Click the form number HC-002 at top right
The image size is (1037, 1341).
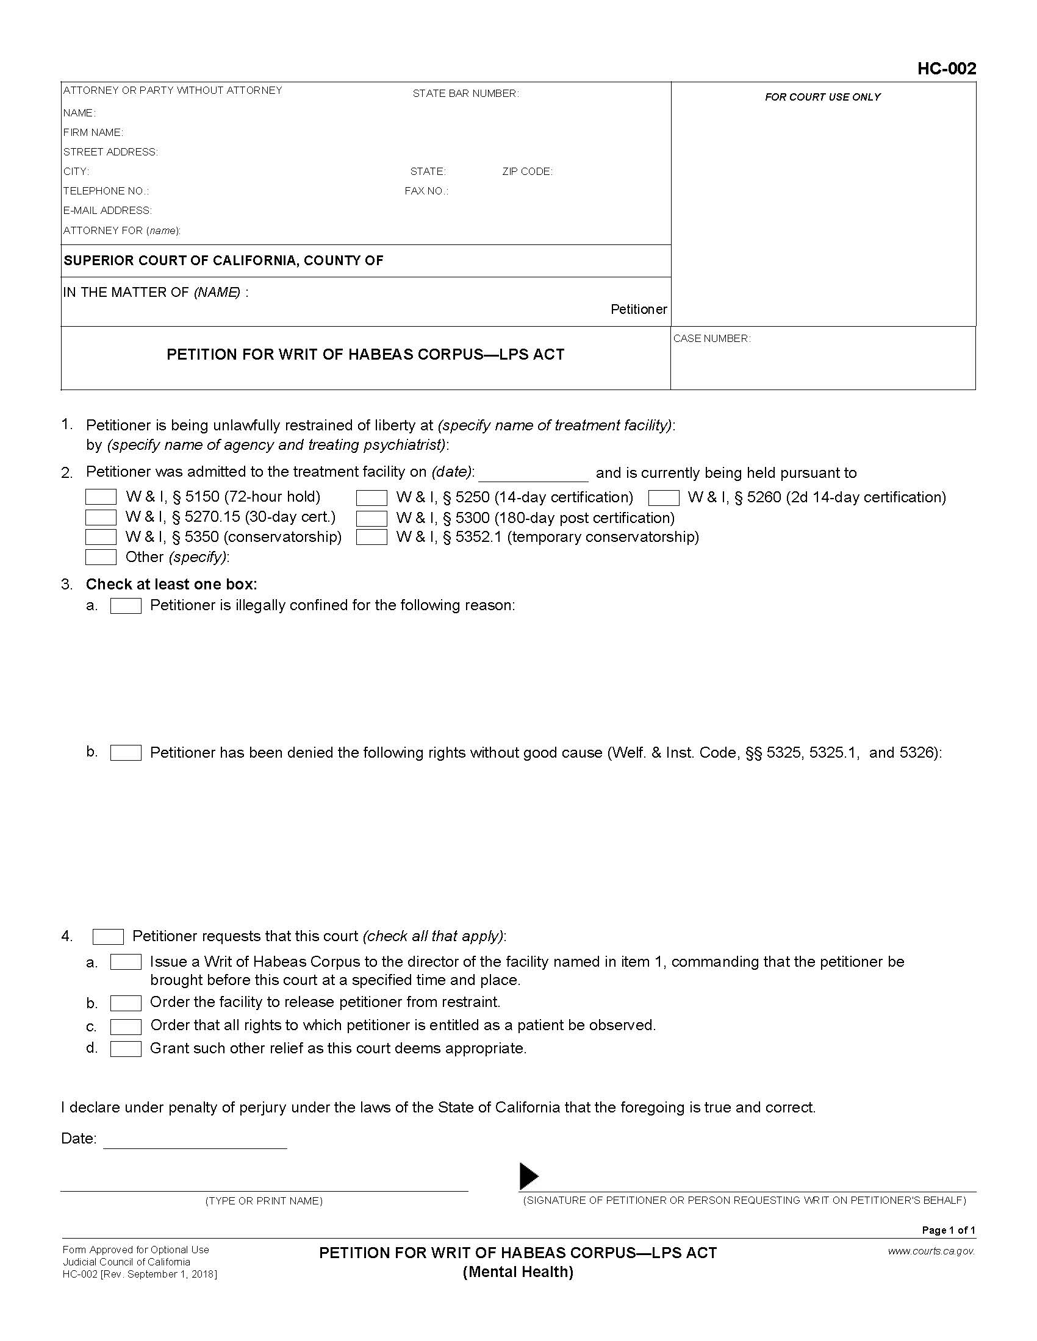pos(946,68)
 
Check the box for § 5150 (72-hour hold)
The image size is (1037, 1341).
pos(101,497)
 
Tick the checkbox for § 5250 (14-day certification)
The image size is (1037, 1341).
pos(371,497)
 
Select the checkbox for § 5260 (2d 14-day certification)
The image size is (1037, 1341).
pos(664,497)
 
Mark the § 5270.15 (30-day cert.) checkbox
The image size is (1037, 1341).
pos(101,517)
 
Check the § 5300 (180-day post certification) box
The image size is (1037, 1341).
pos(371,518)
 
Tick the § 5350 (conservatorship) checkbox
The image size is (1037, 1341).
pos(101,537)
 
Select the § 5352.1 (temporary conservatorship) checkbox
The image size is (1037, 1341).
pos(371,537)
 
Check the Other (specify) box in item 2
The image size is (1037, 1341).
pos(101,557)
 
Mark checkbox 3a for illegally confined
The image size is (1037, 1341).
pos(126,606)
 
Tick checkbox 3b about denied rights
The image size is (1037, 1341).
pos(126,753)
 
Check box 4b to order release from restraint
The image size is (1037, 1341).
pos(126,1003)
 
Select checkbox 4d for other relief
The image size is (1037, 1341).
pos(126,1049)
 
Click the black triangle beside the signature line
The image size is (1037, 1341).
pos(528,1176)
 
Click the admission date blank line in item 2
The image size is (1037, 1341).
pos(533,475)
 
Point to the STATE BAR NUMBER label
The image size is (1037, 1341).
pos(465,93)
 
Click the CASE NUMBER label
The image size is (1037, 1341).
pos(711,338)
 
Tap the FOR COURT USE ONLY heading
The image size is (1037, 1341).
pos(822,97)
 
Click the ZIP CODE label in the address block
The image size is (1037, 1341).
pos(527,171)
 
